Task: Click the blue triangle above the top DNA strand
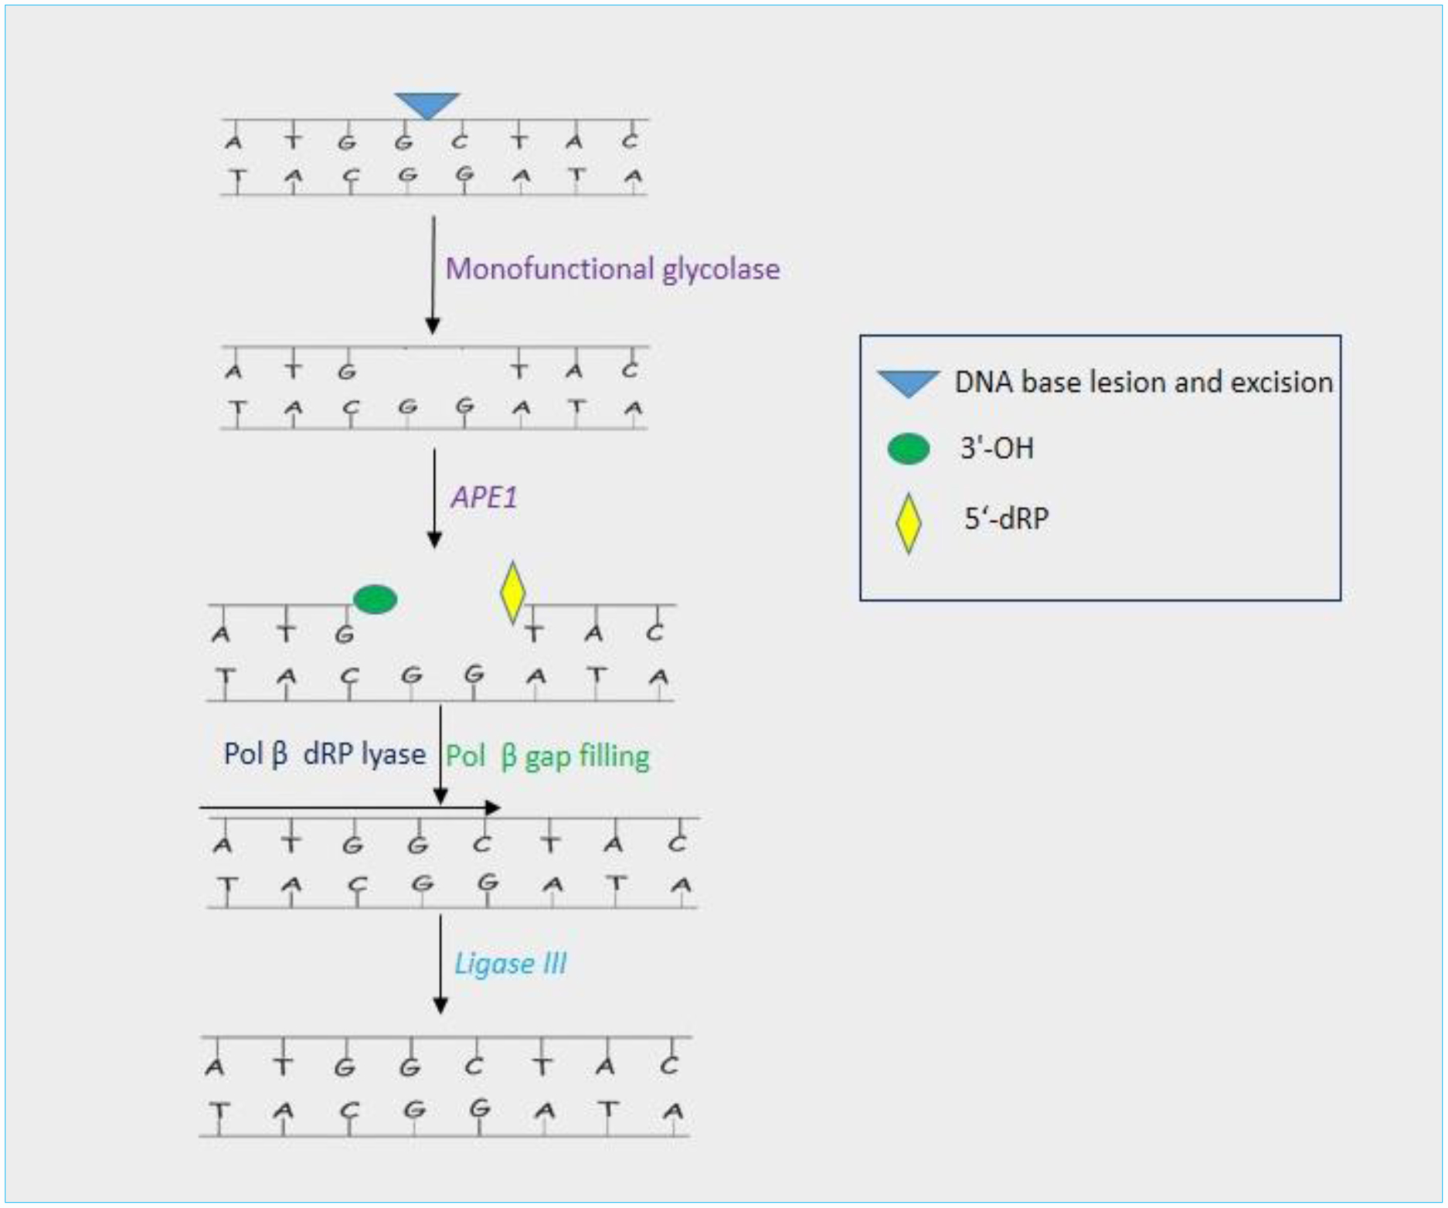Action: (427, 104)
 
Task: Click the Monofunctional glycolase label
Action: (613, 270)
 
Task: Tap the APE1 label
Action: (484, 497)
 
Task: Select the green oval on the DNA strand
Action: (375, 599)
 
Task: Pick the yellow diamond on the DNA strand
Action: (512, 593)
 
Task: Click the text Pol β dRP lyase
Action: (325, 754)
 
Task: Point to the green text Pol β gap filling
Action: (548, 757)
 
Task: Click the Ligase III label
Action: (510, 964)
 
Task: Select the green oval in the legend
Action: (908, 449)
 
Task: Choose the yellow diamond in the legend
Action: (909, 523)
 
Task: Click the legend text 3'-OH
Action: (997, 448)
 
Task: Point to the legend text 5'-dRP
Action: (1006, 518)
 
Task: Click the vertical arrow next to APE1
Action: (434, 499)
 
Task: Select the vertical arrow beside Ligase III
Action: (440, 964)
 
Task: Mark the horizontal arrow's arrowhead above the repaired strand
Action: (492, 808)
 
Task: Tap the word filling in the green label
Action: (615, 757)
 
